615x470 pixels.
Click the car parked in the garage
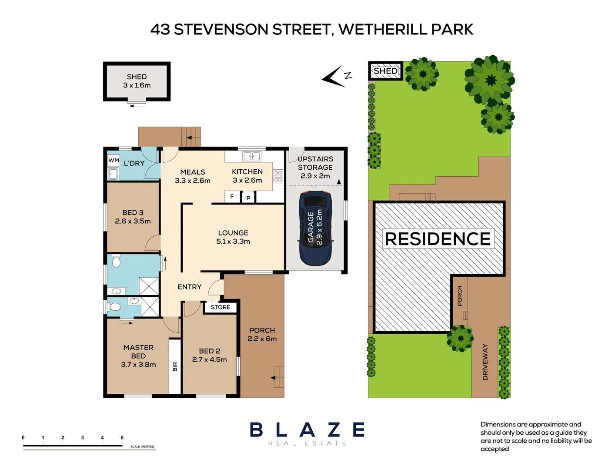click(315, 228)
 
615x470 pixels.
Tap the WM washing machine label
click(114, 161)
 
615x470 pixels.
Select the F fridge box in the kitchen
click(232, 197)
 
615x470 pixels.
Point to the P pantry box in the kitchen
click(248, 198)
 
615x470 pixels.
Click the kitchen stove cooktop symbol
click(278, 176)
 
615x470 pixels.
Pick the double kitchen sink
click(251, 156)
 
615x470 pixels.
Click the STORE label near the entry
click(221, 307)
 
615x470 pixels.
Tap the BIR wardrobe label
click(175, 366)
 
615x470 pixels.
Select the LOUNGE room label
click(233, 233)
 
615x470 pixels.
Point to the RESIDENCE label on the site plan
click(438, 239)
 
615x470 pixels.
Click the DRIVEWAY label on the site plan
click(485, 362)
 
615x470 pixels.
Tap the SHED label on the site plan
click(385, 71)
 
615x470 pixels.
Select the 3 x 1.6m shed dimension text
click(137, 85)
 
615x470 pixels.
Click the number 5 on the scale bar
click(122, 438)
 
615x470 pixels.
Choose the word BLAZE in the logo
click(307, 430)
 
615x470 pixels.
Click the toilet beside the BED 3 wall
click(116, 262)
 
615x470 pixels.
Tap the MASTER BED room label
click(138, 352)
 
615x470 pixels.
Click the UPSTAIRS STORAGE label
click(315, 163)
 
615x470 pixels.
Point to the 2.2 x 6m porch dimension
click(262, 339)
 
